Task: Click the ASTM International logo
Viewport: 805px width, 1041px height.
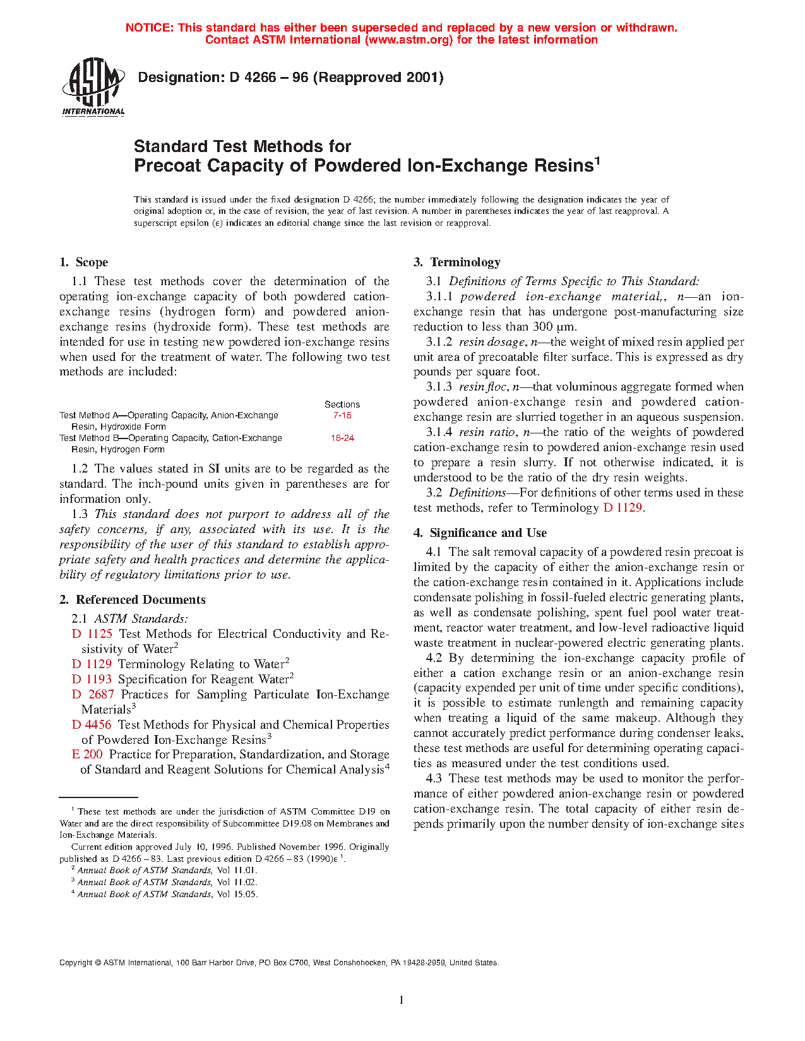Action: [x=93, y=87]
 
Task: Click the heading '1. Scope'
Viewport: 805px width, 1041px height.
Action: [x=83, y=262]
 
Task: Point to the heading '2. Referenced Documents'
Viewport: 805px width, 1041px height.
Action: [x=133, y=600]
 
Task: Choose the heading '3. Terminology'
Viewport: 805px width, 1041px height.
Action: [x=457, y=262]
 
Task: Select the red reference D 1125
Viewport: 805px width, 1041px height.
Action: [x=92, y=634]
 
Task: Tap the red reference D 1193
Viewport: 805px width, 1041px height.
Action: [x=92, y=679]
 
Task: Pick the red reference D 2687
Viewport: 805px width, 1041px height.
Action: [x=93, y=695]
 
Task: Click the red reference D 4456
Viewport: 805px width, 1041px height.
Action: [x=92, y=725]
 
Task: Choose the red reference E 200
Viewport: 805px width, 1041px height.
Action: [x=87, y=755]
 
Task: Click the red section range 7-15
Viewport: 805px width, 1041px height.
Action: [x=342, y=416]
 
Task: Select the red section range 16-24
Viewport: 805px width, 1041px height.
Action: [x=342, y=438]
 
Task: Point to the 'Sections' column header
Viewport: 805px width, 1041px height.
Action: [x=342, y=404]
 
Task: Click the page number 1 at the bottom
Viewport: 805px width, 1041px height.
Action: [x=402, y=999]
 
